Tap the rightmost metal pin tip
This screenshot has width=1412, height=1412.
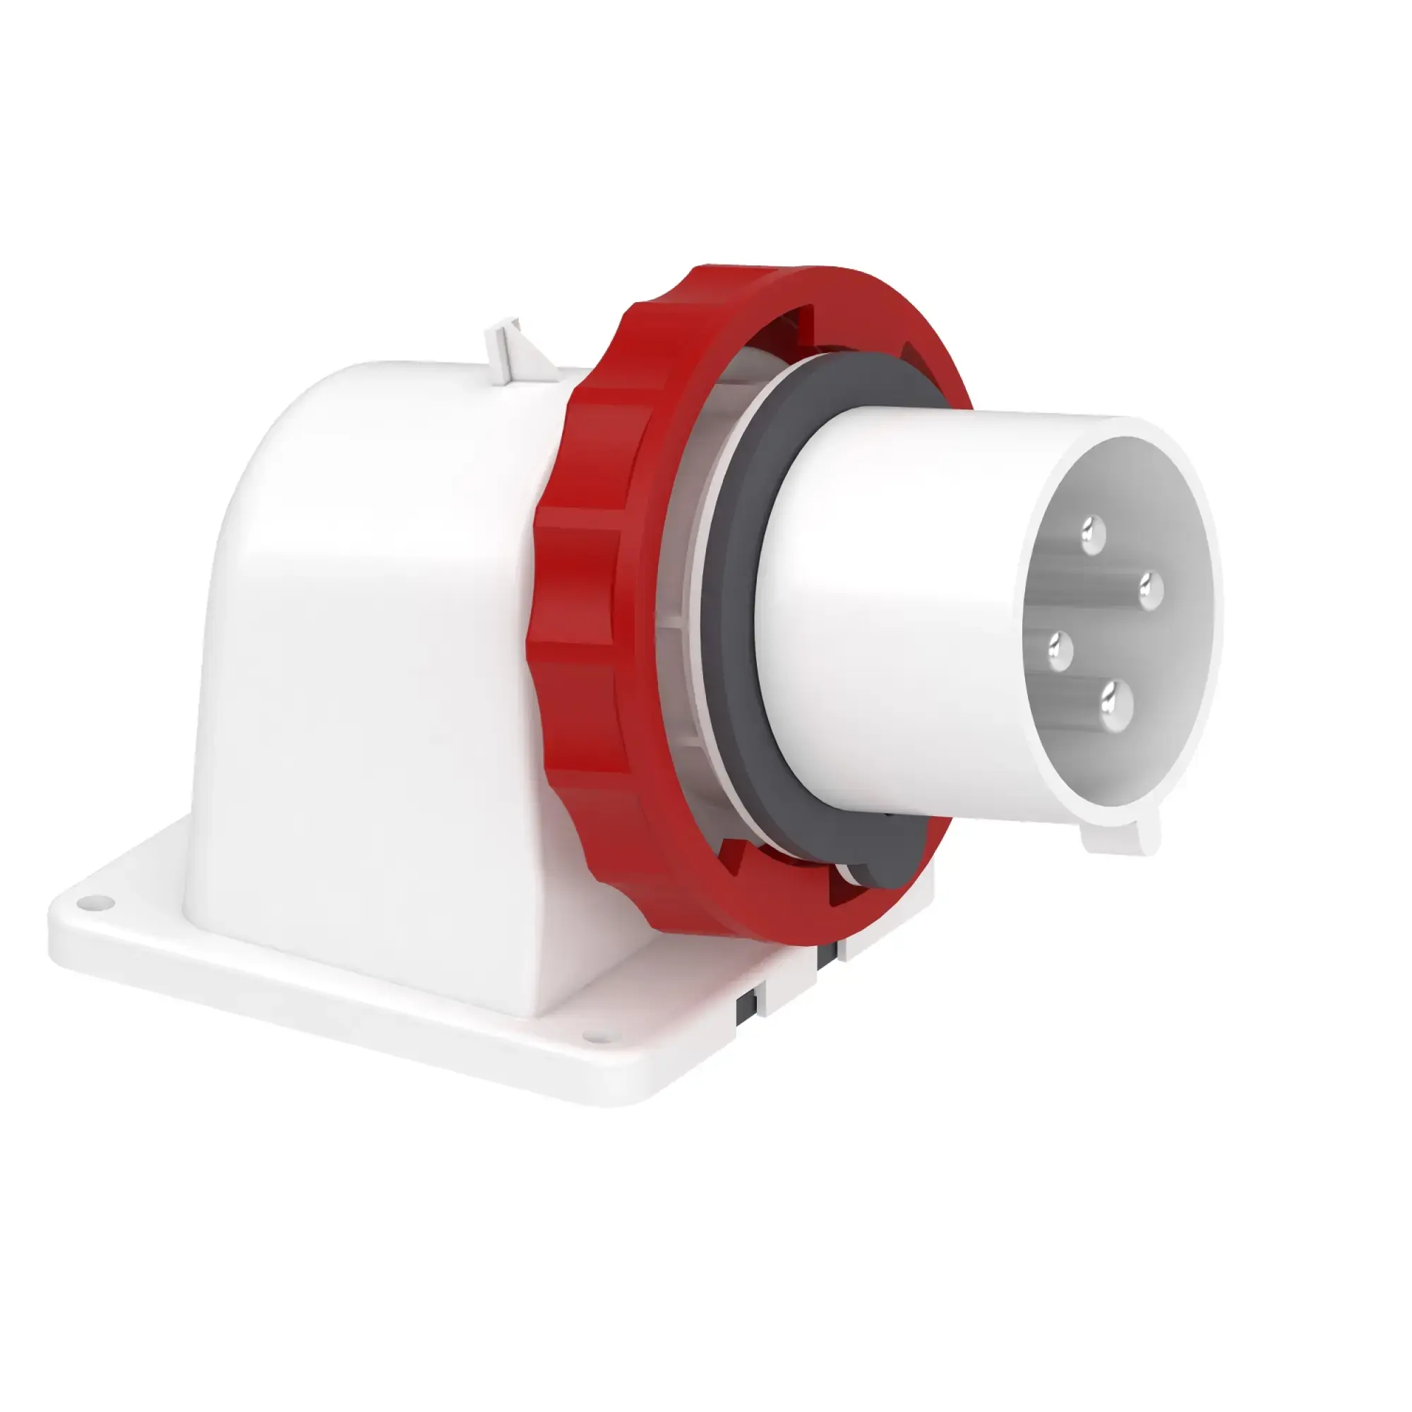(1149, 587)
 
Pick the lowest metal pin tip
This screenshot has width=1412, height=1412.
(1115, 705)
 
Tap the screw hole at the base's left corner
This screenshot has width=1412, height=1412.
(92, 904)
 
